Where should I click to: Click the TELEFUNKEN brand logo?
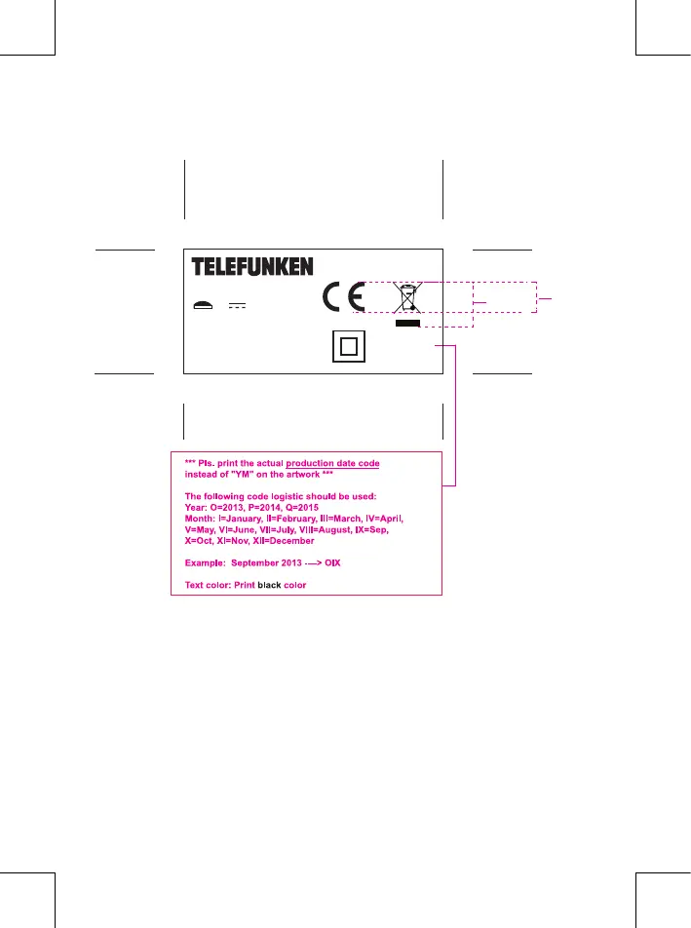coord(251,266)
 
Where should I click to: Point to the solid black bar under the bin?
coord(407,324)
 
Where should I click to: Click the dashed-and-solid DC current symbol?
coord(237,305)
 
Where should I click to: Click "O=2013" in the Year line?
coord(230,507)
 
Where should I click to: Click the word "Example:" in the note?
coord(205,563)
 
